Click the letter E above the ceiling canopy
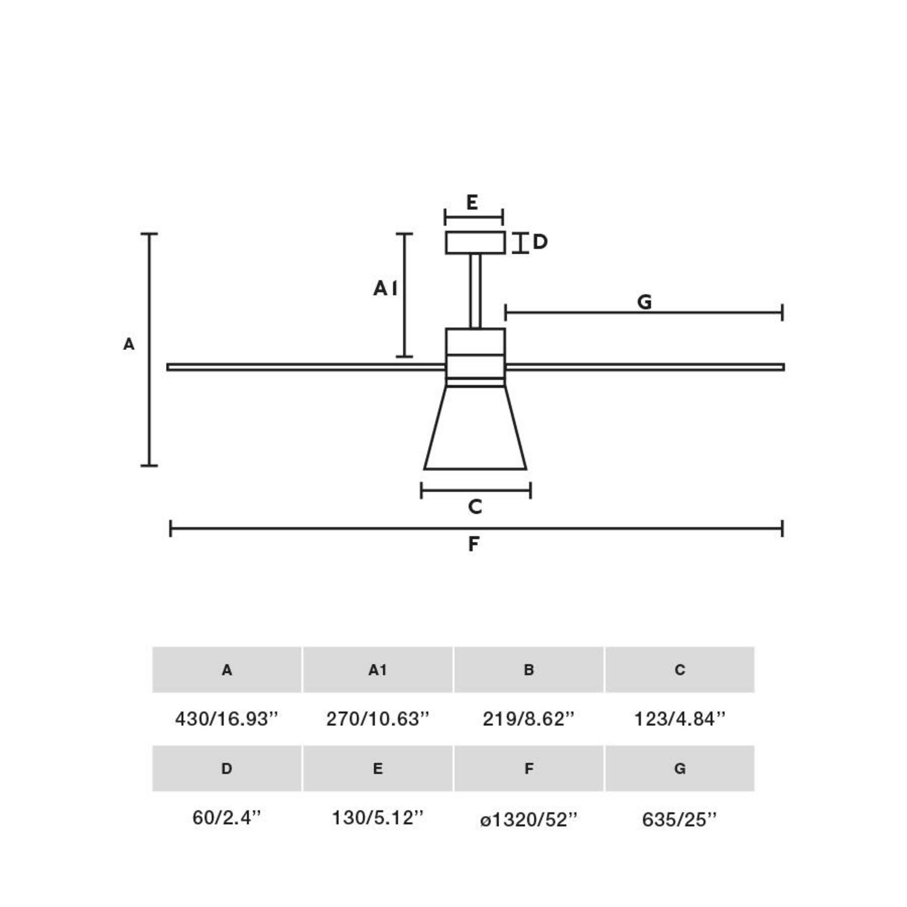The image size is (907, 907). pyautogui.click(x=472, y=203)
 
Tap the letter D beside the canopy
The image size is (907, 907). pyautogui.click(x=540, y=242)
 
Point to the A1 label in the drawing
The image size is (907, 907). pyautogui.click(x=385, y=288)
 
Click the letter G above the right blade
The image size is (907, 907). pyautogui.click(x=644, y=302)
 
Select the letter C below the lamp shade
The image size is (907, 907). pyautogui.click(x=475, y=507)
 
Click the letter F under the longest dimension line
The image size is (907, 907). pyautogui.click(x=474, y=544)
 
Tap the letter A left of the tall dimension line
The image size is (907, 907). pyautogui.click(x=128, y=344)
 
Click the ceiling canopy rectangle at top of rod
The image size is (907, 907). pyautogui.click(x=475, y=243)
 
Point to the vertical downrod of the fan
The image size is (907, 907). pyautogui.click(x=476, y=291)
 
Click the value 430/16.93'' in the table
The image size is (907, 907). pyautogui.click(x=226, y=719)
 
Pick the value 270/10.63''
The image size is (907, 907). pyautogui.click(x=377, y=719)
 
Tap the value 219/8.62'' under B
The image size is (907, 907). pyautogui.click(x=528, y=719)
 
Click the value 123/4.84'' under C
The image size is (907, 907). pyautogui.click(x=679, y=719)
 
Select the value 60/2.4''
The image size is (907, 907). pyautogui.click(x=226, y=818)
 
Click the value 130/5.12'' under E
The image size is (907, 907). pyautogui.click(x=377, y=818)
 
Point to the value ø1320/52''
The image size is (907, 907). pyautogui.click(x=528, y=820)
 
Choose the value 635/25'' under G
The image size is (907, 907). pyautogui.click(x=679, y=820)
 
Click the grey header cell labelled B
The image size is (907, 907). pyautogui.click(x=529, y=670)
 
